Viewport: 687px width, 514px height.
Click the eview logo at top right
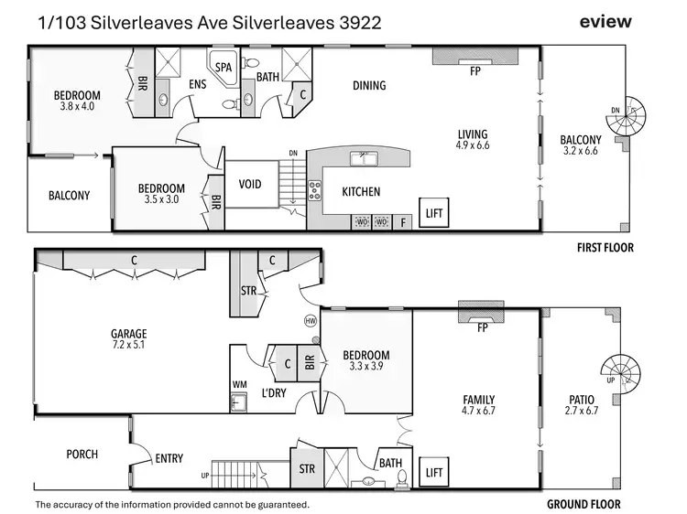click(605, 22)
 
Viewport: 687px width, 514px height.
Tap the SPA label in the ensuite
click(224, 67)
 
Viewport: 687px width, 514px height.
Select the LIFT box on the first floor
click(434, 213)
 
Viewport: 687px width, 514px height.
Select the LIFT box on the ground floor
click(434, 472)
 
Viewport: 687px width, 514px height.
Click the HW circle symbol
click(310, 320)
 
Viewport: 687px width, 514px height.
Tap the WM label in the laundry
click(238, 384)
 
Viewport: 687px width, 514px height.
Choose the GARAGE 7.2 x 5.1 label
click(128, 340)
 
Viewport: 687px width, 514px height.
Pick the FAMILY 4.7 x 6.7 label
click(478, 405)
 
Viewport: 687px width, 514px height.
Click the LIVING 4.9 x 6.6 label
click(473, 140)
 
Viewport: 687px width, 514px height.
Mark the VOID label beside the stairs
click(249, 184)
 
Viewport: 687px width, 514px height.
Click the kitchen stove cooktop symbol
click(315, 190)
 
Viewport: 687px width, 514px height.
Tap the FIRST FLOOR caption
click(604, 247)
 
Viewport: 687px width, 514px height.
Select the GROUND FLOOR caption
click(583, 504)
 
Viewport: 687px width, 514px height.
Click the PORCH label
click(82, 455)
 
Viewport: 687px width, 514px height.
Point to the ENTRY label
click(169, 459)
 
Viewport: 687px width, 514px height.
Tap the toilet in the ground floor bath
click(370, 479)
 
